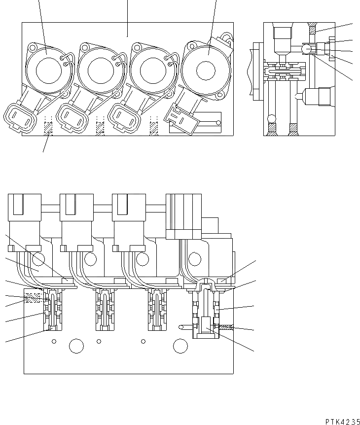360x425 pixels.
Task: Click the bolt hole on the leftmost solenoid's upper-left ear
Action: pyautogui.click(x=33, y=48)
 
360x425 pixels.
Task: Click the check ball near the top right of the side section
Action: pyautogui.click(x=306, y=49)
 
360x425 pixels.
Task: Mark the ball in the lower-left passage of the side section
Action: pyautogui.click(x=271, y=118)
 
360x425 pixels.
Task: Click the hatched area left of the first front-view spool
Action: pyautogui.click(x=34, y=298)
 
